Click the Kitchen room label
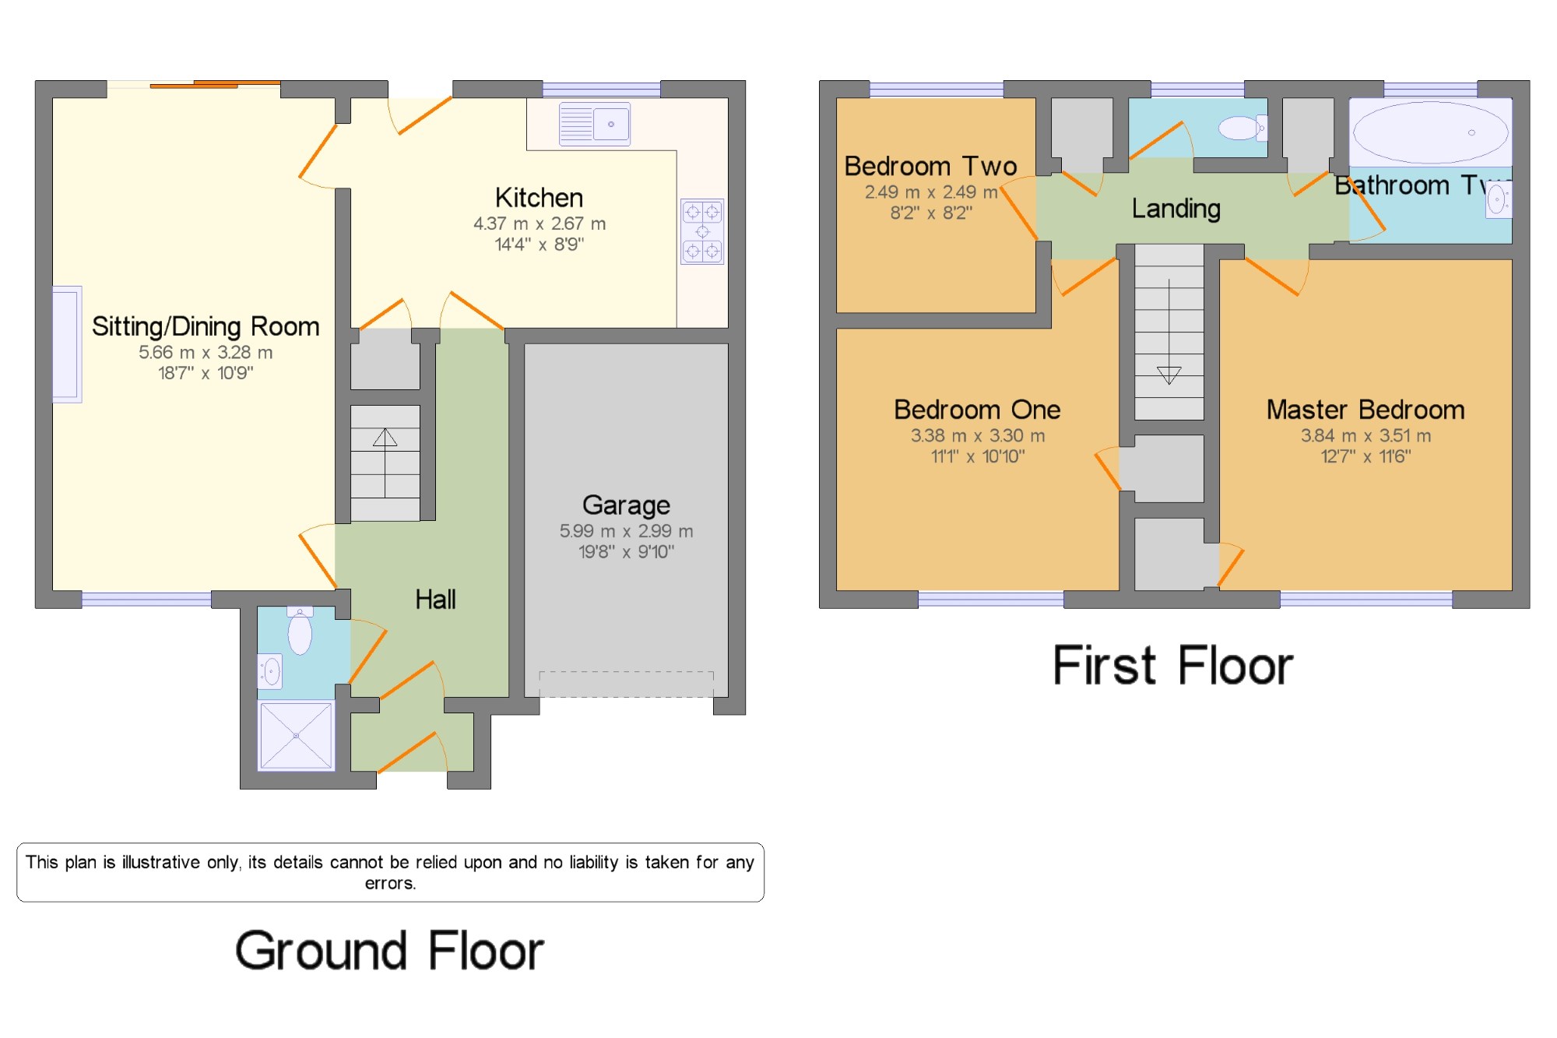539,198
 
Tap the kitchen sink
595,125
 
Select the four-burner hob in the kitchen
702,231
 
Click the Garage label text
626,505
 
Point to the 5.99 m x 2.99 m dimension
626,531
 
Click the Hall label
435,599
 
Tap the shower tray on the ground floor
296,736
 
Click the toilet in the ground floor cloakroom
300,631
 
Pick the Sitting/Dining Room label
206,326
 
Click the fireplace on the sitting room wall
67,344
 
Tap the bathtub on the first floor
1431,132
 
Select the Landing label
1176,209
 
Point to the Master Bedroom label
1365,410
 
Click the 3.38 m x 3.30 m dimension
978,435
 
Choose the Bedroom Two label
930,166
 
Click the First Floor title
1172,665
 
